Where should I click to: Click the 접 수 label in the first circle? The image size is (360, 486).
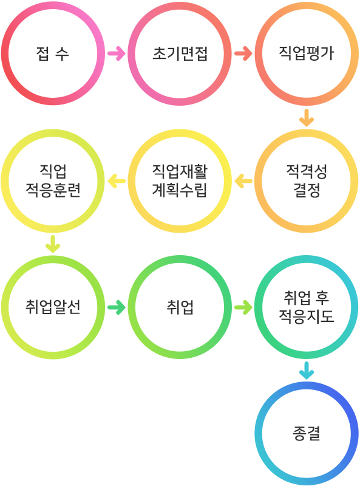point(53,53)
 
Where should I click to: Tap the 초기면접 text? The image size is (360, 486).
point(180,53)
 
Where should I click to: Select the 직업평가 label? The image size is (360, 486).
point(307,53)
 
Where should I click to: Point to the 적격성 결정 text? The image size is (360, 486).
point(307,180)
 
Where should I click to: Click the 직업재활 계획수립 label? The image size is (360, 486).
point(180,180)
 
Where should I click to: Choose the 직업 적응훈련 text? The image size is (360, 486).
point(53,180)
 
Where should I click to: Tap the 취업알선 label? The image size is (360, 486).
point(53,307)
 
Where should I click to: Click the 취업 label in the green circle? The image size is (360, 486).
point(180,307)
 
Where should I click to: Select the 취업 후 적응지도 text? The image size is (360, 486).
point(307,307)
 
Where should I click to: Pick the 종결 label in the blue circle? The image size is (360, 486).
point(307,433)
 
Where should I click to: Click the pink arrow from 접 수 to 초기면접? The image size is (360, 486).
point(117,53)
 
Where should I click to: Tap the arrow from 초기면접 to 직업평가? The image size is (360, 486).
point(243,53)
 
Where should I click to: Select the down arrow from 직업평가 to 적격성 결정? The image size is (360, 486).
point(307,118)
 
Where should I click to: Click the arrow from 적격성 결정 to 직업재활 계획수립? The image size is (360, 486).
point(243,180)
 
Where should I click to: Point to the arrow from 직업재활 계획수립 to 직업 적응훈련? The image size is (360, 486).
point(117,180)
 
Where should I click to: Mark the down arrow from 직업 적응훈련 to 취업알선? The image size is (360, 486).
point(53,244)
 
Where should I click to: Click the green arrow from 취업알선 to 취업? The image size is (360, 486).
point(117,307)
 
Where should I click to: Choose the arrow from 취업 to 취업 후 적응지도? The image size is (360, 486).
point(243,307)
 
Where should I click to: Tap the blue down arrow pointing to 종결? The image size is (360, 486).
point(307,371)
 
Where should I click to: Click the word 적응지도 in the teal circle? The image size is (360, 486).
point(307,317)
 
